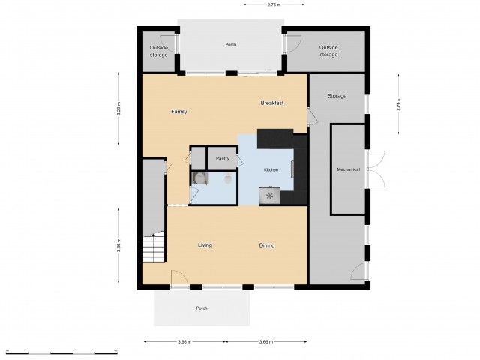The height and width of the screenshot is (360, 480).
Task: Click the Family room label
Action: click(x=178, y=112)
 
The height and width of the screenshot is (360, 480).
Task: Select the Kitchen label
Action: click(x=271, y=170)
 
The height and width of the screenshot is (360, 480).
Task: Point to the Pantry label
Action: click(x=222, y=158)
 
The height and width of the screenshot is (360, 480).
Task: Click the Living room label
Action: click(x=205, y=245)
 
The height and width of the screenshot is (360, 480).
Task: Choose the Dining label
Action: click(x=266, y=245)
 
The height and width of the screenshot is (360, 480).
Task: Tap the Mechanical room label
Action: click(x=348, y=169)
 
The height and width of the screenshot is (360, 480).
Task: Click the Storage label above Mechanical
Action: click(x=337, y=96)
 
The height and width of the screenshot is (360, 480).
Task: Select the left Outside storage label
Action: click(x=158, y=51)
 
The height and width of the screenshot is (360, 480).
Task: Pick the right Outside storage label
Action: click(x=328, y=51)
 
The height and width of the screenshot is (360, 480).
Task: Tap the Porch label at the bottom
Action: click(x=201, y=308)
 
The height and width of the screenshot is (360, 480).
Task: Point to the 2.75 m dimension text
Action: click(x=273, y=4)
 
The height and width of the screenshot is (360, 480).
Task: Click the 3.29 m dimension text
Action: click(x=118, y=109)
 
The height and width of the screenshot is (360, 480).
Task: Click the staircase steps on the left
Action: click(x=154, y=247)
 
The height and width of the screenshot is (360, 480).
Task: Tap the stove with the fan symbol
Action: click(x=269, y=196)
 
